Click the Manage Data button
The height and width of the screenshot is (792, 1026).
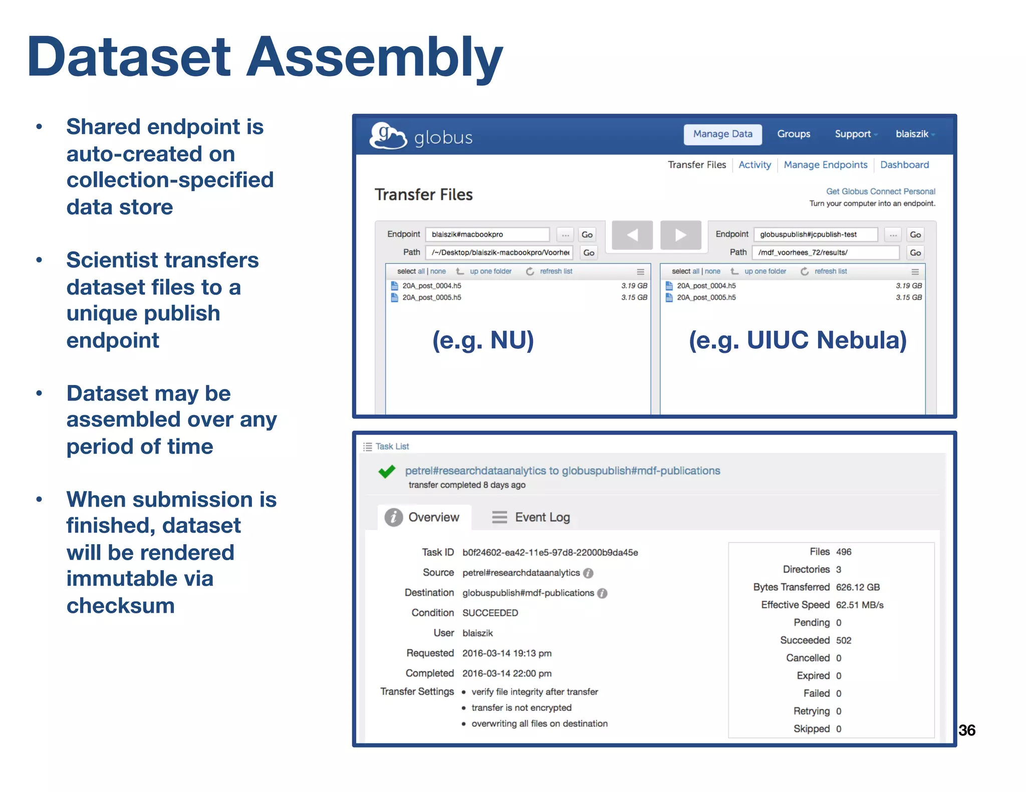click(722, 134)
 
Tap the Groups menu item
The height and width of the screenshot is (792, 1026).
click(794, 134)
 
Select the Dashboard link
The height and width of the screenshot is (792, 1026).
click(904, 165)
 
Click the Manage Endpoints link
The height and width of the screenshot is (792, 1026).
click(825, 165)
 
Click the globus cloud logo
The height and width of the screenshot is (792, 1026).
click(388, 136)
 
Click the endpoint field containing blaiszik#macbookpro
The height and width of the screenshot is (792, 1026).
click(487, 234)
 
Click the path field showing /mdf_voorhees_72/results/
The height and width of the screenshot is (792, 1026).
click(825, 252)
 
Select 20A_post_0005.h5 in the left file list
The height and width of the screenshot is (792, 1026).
click(431, 297)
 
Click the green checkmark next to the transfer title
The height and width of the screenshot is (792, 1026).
click(387, 471)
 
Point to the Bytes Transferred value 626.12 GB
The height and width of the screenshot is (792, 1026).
click(858, 587)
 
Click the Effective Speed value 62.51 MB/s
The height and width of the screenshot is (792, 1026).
click(859, 605)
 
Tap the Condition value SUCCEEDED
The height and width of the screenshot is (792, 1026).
click(490, 613)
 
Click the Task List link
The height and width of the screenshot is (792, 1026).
click(392, 446)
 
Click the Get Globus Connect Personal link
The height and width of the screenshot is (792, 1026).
click(880, 191)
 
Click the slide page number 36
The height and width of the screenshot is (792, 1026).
click(966, 730)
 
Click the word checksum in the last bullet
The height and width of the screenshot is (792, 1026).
click(121, 606)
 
